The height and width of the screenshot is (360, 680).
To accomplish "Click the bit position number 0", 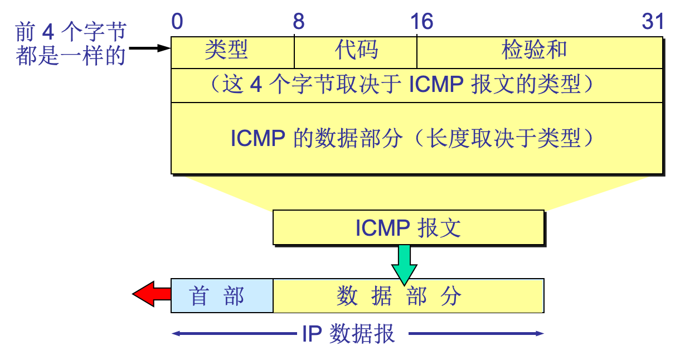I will coord(177,22).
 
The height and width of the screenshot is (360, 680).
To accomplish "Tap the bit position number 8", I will coord(299,22).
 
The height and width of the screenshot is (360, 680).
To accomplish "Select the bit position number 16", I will coord(422,22).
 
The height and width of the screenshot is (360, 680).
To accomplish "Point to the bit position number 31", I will coord(653,22).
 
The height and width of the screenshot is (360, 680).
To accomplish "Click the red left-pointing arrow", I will coord(152,294).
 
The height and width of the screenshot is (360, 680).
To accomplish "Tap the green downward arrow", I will coord(404,264).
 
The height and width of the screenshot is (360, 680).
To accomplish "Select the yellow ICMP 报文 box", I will coord(408,228).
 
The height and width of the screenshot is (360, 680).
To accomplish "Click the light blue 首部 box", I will coord(222,296).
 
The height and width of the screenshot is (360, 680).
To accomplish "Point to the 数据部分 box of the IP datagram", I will coord(408,296).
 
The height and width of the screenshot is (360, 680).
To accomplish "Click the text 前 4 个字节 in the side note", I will coord(71,32).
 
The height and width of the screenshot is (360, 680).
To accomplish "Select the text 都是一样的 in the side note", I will coord(71,56).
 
